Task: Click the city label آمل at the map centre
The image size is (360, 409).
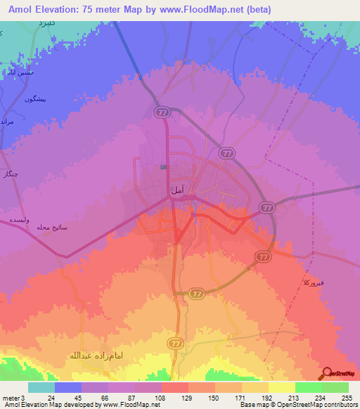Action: (x=178, y=190)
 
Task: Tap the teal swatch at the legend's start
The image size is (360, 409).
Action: (x=41, y=387)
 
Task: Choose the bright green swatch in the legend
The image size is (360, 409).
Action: (x=308, y=387)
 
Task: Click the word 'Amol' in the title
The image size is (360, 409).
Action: (x=25, y=9)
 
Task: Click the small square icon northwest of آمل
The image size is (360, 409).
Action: (x=163, y=167)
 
